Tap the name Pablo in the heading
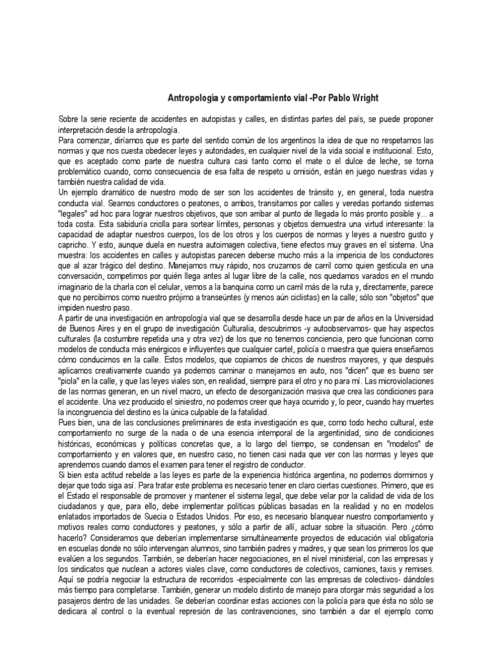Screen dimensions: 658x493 (x=329, y=98)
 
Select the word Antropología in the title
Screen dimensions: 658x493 (x=193, y=98)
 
